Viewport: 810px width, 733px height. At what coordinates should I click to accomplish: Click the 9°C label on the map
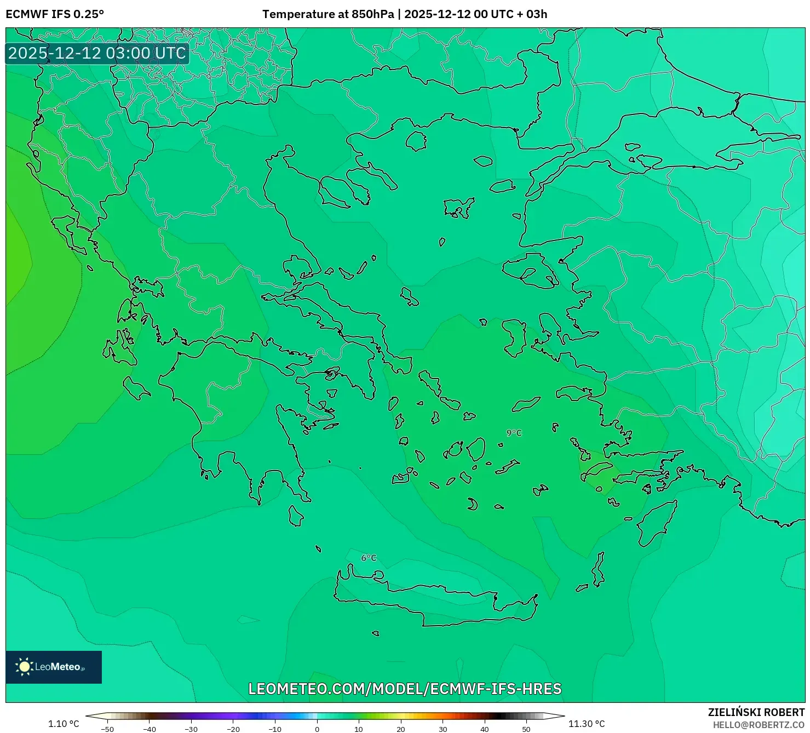click(514, 433)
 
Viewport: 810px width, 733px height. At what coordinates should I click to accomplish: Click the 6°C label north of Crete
click(369, 558)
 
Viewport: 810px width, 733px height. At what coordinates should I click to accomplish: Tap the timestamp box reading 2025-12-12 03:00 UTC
click(97, 53)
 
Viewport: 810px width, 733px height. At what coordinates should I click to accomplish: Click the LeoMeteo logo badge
click(54, 667)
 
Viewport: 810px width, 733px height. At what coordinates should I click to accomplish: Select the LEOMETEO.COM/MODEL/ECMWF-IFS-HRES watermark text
click(405, 689)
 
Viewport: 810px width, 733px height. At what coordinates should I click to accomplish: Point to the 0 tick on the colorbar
click(317, 729)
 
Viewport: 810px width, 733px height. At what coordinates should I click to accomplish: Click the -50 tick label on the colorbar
click(107, 729)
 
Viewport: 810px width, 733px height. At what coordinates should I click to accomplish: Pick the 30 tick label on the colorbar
click(443, 729)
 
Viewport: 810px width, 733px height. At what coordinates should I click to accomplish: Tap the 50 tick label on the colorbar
click(526, 729)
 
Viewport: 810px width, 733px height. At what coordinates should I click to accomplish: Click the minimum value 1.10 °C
click(64, 724)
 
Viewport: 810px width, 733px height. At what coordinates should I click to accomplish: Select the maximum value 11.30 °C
click(587, 724)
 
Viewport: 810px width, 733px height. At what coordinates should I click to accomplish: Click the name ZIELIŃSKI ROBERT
click(756, 713)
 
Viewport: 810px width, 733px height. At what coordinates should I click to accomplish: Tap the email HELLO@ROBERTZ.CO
click(759, 725)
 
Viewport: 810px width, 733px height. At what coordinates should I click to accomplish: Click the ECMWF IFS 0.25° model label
click(55, 14)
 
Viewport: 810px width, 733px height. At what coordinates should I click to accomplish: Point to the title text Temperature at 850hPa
click(328, 14)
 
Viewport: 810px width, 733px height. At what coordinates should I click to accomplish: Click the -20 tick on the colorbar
click(233, 729)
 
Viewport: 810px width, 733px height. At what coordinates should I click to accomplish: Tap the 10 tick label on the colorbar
click(359, 729)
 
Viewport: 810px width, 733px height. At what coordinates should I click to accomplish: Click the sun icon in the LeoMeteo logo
click(25, 667)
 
